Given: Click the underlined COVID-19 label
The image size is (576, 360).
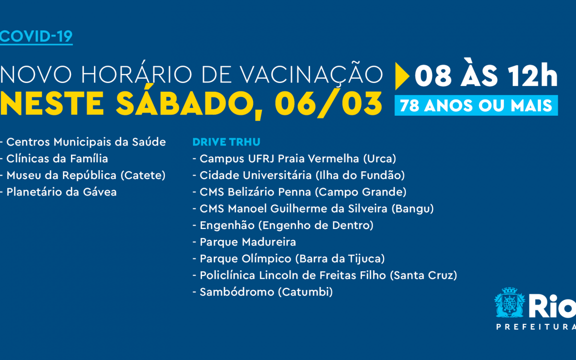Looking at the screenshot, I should (36, 37).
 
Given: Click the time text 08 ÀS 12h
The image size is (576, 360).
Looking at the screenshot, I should (486, 76).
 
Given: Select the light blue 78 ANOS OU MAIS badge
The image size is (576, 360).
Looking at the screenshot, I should (476, 106).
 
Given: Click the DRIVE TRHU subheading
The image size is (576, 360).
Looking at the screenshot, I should (220, 142).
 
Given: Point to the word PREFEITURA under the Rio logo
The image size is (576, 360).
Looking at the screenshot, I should (535, 327).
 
